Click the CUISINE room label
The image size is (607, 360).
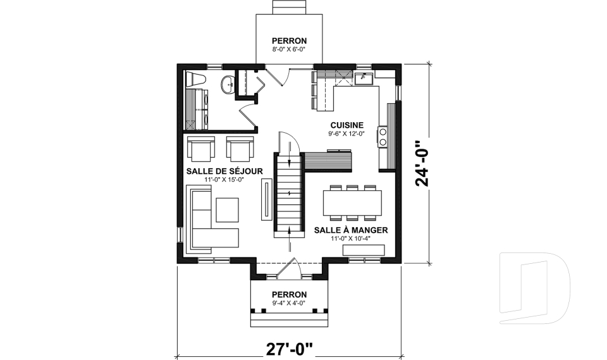(345, 125)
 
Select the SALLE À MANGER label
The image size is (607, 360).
(351, 230)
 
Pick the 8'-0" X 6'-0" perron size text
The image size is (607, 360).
(289, 48)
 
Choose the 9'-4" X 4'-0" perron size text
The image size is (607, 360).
(289, 303)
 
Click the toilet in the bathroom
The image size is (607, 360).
(196, 81)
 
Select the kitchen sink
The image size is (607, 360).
(364, 78)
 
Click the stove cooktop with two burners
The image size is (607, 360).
(383, 137)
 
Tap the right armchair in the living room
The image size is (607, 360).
(240, 149)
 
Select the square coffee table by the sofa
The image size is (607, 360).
(227, 209)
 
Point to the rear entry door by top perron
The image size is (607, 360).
(276, 76)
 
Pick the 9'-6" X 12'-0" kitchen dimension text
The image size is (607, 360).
(345, 134)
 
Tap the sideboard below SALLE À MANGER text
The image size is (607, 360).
(363, 251)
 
